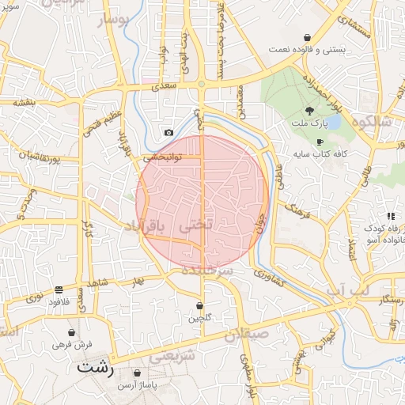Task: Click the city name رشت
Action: pos(96,369)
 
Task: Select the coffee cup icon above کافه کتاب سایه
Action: pos(320,142)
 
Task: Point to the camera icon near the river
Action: pos(168,133)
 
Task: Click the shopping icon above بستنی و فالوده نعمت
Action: pos(307,37)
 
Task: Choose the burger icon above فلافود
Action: pos(59,290)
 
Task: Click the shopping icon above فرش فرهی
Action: pos(73,333)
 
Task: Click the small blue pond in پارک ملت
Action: pos(332,123)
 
